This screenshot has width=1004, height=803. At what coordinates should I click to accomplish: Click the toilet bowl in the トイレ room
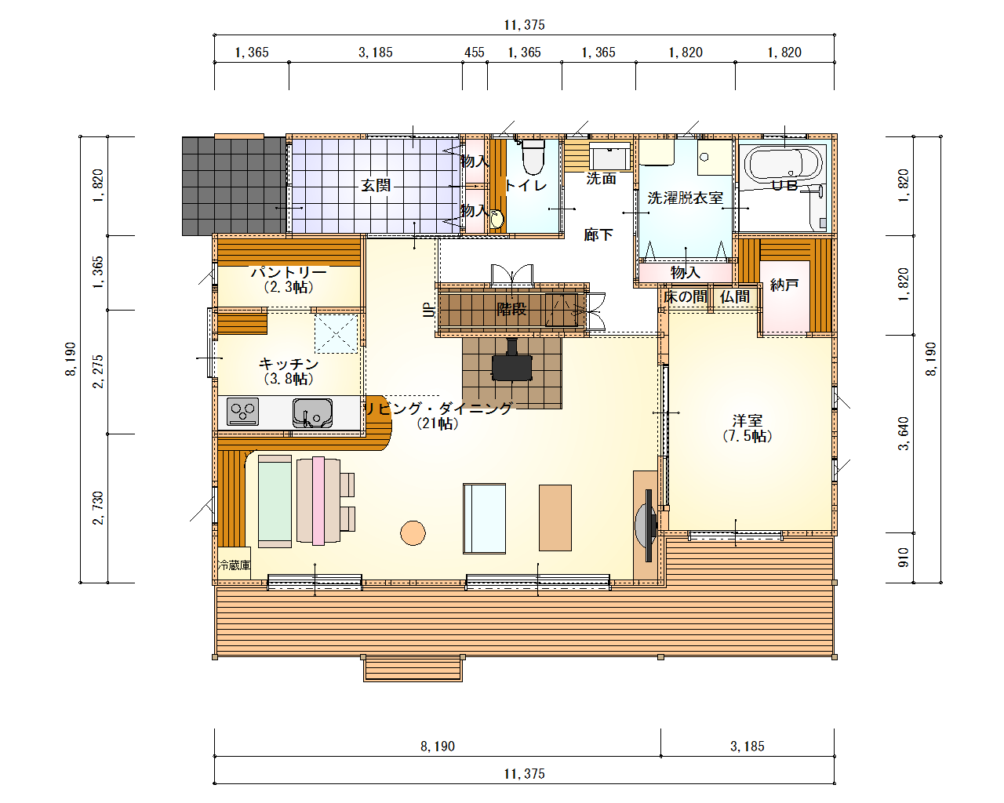coord(533,156)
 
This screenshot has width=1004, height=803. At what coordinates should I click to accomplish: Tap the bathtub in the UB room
coord(784,163)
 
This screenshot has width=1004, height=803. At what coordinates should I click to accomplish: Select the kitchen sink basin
coord(312,412)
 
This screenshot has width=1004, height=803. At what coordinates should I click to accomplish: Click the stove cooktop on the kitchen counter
coord(242,412)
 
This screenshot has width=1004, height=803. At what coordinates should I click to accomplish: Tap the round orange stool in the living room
coord(413,532)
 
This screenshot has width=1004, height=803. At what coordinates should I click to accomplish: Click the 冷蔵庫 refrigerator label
coord(235,565)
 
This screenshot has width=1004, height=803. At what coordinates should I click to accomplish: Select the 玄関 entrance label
coord(376,185)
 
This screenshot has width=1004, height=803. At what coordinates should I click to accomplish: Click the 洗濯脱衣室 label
coord(685,198)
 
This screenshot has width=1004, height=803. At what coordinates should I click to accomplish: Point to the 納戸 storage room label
coord(784,284)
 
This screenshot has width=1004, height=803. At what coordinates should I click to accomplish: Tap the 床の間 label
coord(685,296)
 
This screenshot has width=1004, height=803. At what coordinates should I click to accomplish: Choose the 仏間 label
coord(735,296)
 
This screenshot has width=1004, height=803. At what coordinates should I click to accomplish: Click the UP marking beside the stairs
coord(429,310)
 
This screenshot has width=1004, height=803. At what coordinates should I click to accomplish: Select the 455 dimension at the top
coord(474,53)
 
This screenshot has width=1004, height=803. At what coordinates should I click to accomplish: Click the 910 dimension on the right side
coord(904,558)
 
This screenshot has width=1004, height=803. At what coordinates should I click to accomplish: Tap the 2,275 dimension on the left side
coord(98,372)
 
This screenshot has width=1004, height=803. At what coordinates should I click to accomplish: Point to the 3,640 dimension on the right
coord(904,434)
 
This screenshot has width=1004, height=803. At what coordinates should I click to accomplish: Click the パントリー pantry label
coord(289,271)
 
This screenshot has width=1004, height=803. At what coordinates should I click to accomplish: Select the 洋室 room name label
coord(747,420)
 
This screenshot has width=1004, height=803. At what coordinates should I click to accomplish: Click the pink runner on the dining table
coord(318,500)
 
